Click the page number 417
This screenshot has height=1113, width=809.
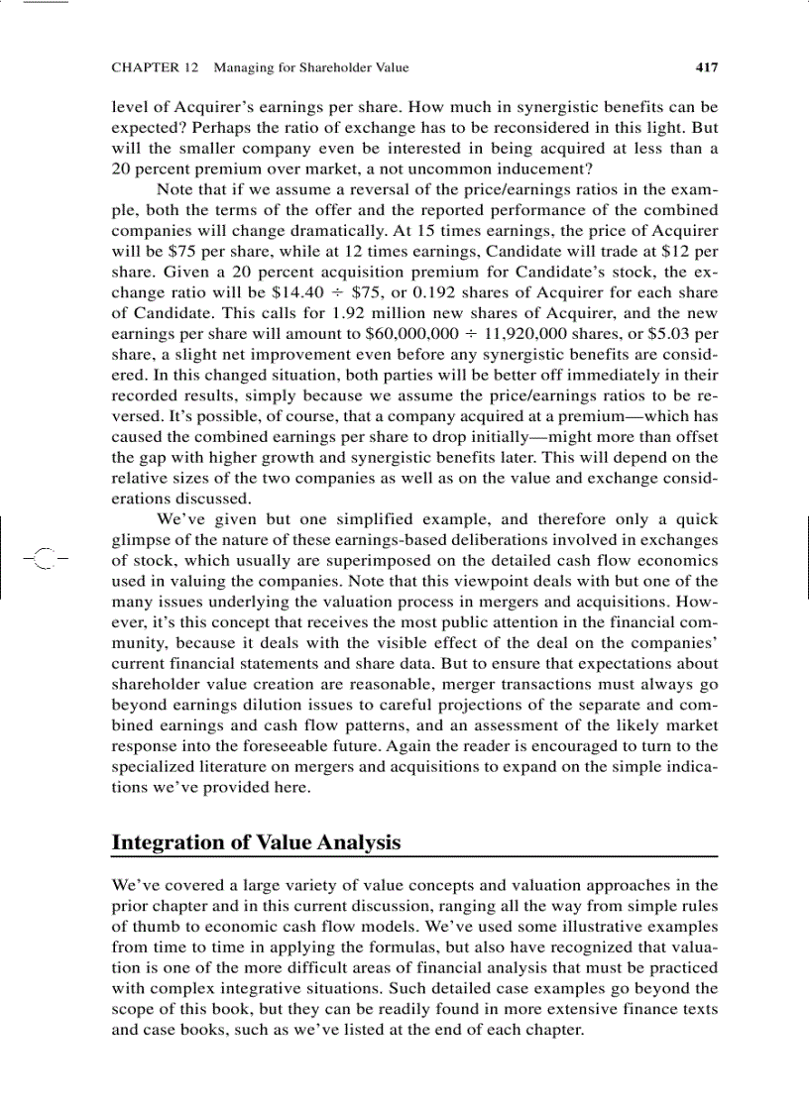(x=706, y=68)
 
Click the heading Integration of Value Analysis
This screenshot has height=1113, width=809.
(x=256, y=842)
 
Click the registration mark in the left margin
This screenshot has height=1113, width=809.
(x=41, y=557)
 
